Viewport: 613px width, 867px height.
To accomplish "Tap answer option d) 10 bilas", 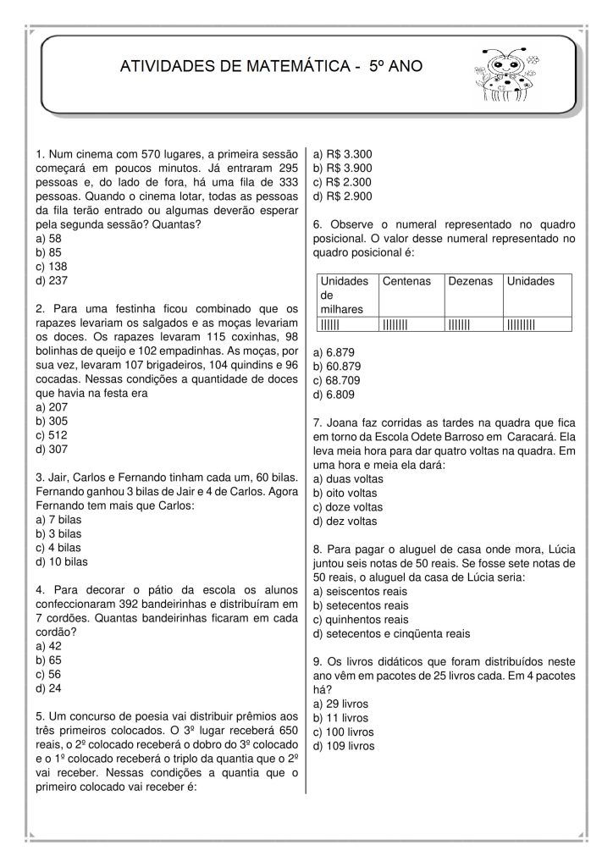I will (62, 561).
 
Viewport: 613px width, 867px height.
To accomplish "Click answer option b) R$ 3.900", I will (343, 168).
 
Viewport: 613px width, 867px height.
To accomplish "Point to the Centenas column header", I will (407, 280).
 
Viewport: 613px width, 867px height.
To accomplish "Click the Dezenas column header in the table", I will (467, 280).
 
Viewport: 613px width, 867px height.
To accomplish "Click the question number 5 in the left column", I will (40, 715).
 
